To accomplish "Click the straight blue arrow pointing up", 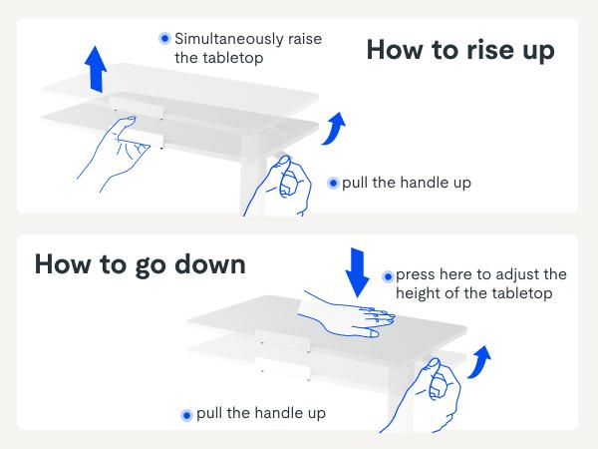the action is click(x=96, y=69).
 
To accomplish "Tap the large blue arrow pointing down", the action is click(x=357, y=272).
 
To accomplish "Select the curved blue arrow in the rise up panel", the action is click(x=334, y=129).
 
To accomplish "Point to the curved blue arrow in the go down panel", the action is click(x=479, y=362).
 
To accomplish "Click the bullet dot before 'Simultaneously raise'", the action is click(x=165, y=38).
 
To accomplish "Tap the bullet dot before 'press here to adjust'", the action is click(x=388, y=276).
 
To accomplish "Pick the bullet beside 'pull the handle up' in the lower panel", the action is click(x=186, y=415).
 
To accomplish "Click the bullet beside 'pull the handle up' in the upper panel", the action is click(x=333, y=184).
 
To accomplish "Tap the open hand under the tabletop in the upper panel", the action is click(x=114, y=155).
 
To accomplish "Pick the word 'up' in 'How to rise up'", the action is click(x=538, y=52).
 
